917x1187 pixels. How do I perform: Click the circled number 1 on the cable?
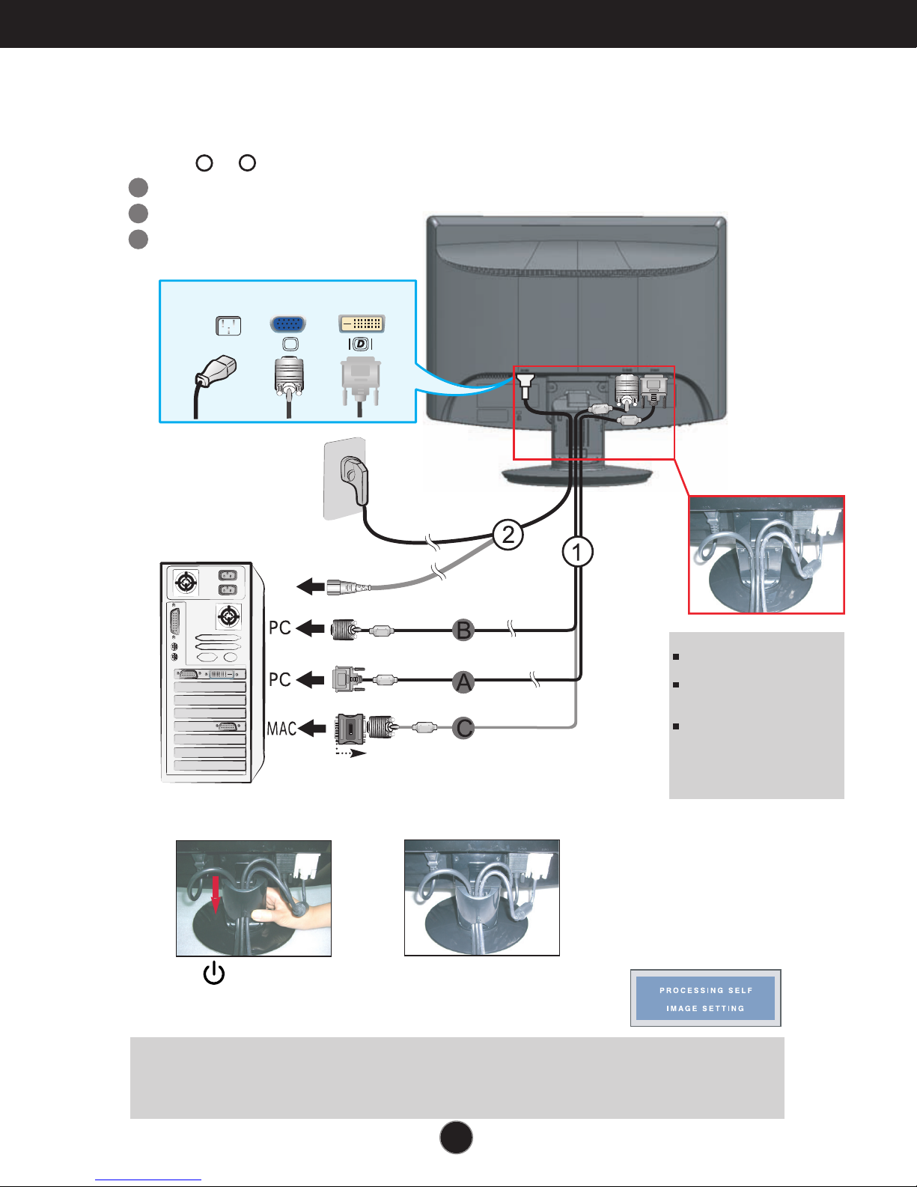point(577,553)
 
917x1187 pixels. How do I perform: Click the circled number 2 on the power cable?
point(508,535)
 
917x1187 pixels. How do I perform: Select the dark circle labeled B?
point(464,630)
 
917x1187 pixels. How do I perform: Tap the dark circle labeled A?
point(464,681)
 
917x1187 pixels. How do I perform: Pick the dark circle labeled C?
point(464,727)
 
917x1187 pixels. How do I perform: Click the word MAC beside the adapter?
point(281,728)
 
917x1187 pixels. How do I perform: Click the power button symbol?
point(214,974)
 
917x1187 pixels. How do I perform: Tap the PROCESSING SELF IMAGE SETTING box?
point(705,998)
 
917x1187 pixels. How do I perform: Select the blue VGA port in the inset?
point(288,324)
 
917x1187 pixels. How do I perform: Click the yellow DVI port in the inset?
point(362,324)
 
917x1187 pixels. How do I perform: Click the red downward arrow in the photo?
point(216,891)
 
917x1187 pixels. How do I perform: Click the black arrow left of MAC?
point(313,728)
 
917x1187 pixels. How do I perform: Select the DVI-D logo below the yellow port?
point(362,344)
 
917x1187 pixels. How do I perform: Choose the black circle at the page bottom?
point(456,1138)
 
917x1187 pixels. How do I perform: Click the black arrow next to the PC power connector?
point(311,586)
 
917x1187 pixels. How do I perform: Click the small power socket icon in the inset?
point(228,326)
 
